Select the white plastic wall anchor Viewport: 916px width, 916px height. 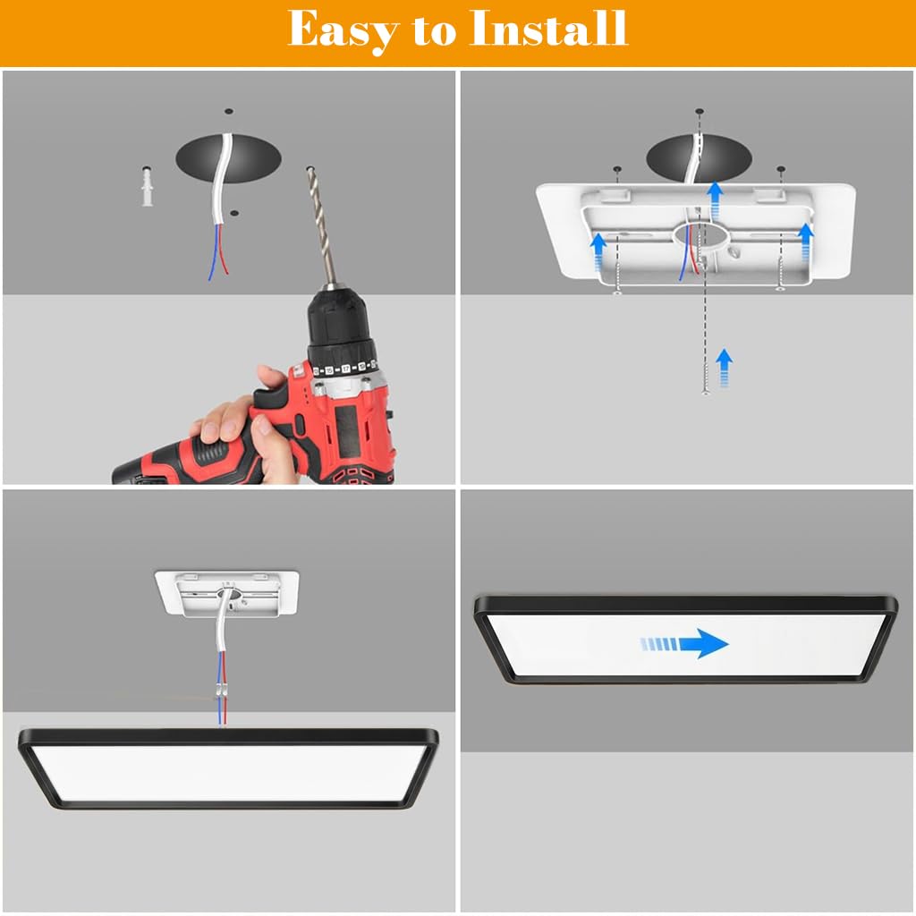148,186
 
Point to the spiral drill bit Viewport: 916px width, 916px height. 321,225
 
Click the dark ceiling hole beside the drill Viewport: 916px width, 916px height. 228,158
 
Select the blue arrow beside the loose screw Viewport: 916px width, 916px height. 725,368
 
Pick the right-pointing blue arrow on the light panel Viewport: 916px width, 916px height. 684,644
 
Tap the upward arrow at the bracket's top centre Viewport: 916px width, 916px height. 715,200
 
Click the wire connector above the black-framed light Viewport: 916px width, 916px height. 222,689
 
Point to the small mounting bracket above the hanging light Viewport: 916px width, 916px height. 226,593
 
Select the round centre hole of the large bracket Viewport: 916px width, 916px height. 701,236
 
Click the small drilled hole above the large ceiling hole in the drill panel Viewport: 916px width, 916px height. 229,111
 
